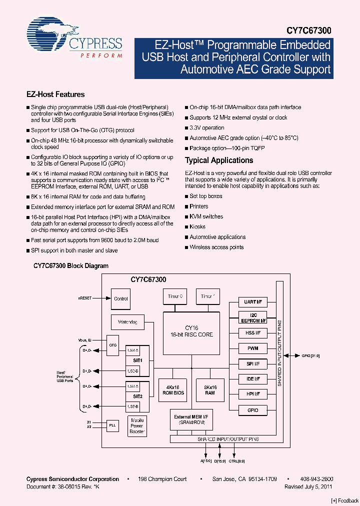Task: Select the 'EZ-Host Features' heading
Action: coord(55,94)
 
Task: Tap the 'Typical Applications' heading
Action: coord(219,160)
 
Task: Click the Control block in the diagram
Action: coord(121,299)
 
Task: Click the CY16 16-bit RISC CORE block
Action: coord(191,331)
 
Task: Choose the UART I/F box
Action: coord(253,302)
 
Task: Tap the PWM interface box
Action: coord(253,348)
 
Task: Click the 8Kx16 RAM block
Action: coord(210,390)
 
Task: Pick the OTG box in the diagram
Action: coord(113,344)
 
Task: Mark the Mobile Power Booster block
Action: coord(136,425)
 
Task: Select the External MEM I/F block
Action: coord(191,419)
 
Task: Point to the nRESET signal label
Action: coord(84,298)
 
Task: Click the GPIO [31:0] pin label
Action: coord(310,356)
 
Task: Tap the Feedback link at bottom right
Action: coord(345,500)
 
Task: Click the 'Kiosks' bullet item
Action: coord(197,227)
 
